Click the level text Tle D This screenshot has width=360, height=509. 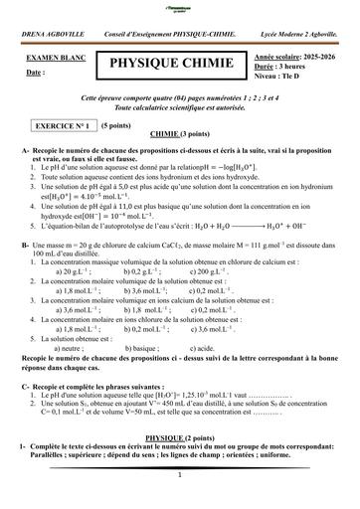pyautogui.click(x=301, y=77)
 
